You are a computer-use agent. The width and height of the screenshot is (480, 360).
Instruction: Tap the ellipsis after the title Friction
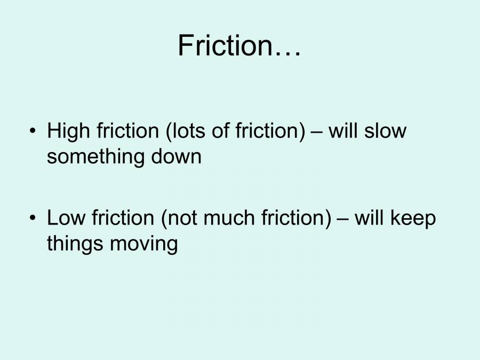289,52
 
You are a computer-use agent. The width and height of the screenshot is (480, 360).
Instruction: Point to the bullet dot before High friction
35,131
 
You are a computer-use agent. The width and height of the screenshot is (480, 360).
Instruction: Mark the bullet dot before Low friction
35,218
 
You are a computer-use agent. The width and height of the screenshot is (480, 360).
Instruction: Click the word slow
385,131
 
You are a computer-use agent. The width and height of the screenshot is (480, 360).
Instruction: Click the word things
75,244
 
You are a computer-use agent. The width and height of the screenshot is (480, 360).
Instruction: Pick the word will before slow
343,131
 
